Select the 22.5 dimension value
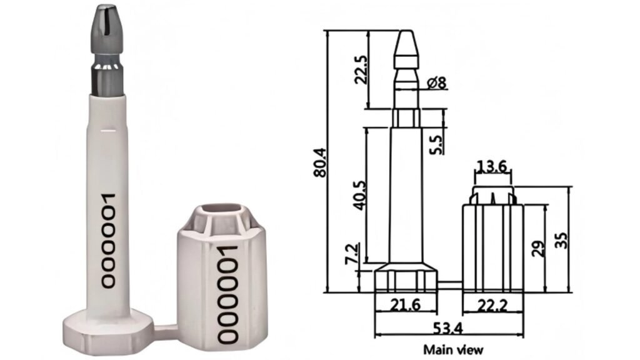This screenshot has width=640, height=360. (x=359, y=68)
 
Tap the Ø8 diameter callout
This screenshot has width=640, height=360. (x=436, y=82)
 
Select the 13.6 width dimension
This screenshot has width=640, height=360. (x=491, y=167)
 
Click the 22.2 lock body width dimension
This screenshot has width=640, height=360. (x=492, y=306)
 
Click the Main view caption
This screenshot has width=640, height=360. (x=453, y=349)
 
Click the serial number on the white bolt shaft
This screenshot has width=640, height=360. (x=108, y=240)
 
